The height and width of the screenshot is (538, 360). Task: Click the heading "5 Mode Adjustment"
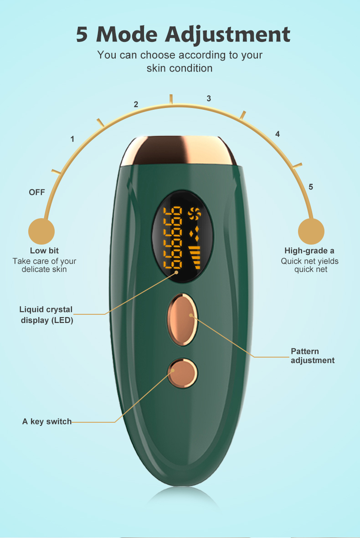(183, 35)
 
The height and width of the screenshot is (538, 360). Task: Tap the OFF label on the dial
(37, 192)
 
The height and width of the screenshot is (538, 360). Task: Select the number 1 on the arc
(72, 139)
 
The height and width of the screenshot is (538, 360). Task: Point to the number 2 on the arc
(136, 104)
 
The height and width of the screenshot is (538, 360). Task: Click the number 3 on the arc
(209, 98)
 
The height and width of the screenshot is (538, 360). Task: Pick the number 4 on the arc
(278, 134)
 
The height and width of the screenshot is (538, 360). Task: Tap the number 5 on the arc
(311, 187)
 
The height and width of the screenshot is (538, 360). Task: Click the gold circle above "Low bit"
(41, 231)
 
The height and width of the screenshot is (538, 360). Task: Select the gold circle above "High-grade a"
(311, 231)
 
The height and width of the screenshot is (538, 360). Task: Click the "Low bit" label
(44, 251)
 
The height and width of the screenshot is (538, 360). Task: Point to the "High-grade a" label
(309, 251)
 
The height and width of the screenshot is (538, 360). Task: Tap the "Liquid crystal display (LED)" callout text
(46, 315)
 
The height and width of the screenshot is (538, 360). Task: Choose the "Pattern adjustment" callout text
(312, 356)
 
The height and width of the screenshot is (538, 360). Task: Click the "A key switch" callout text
(47, 421)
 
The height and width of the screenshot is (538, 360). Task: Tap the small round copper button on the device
(183, 373)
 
